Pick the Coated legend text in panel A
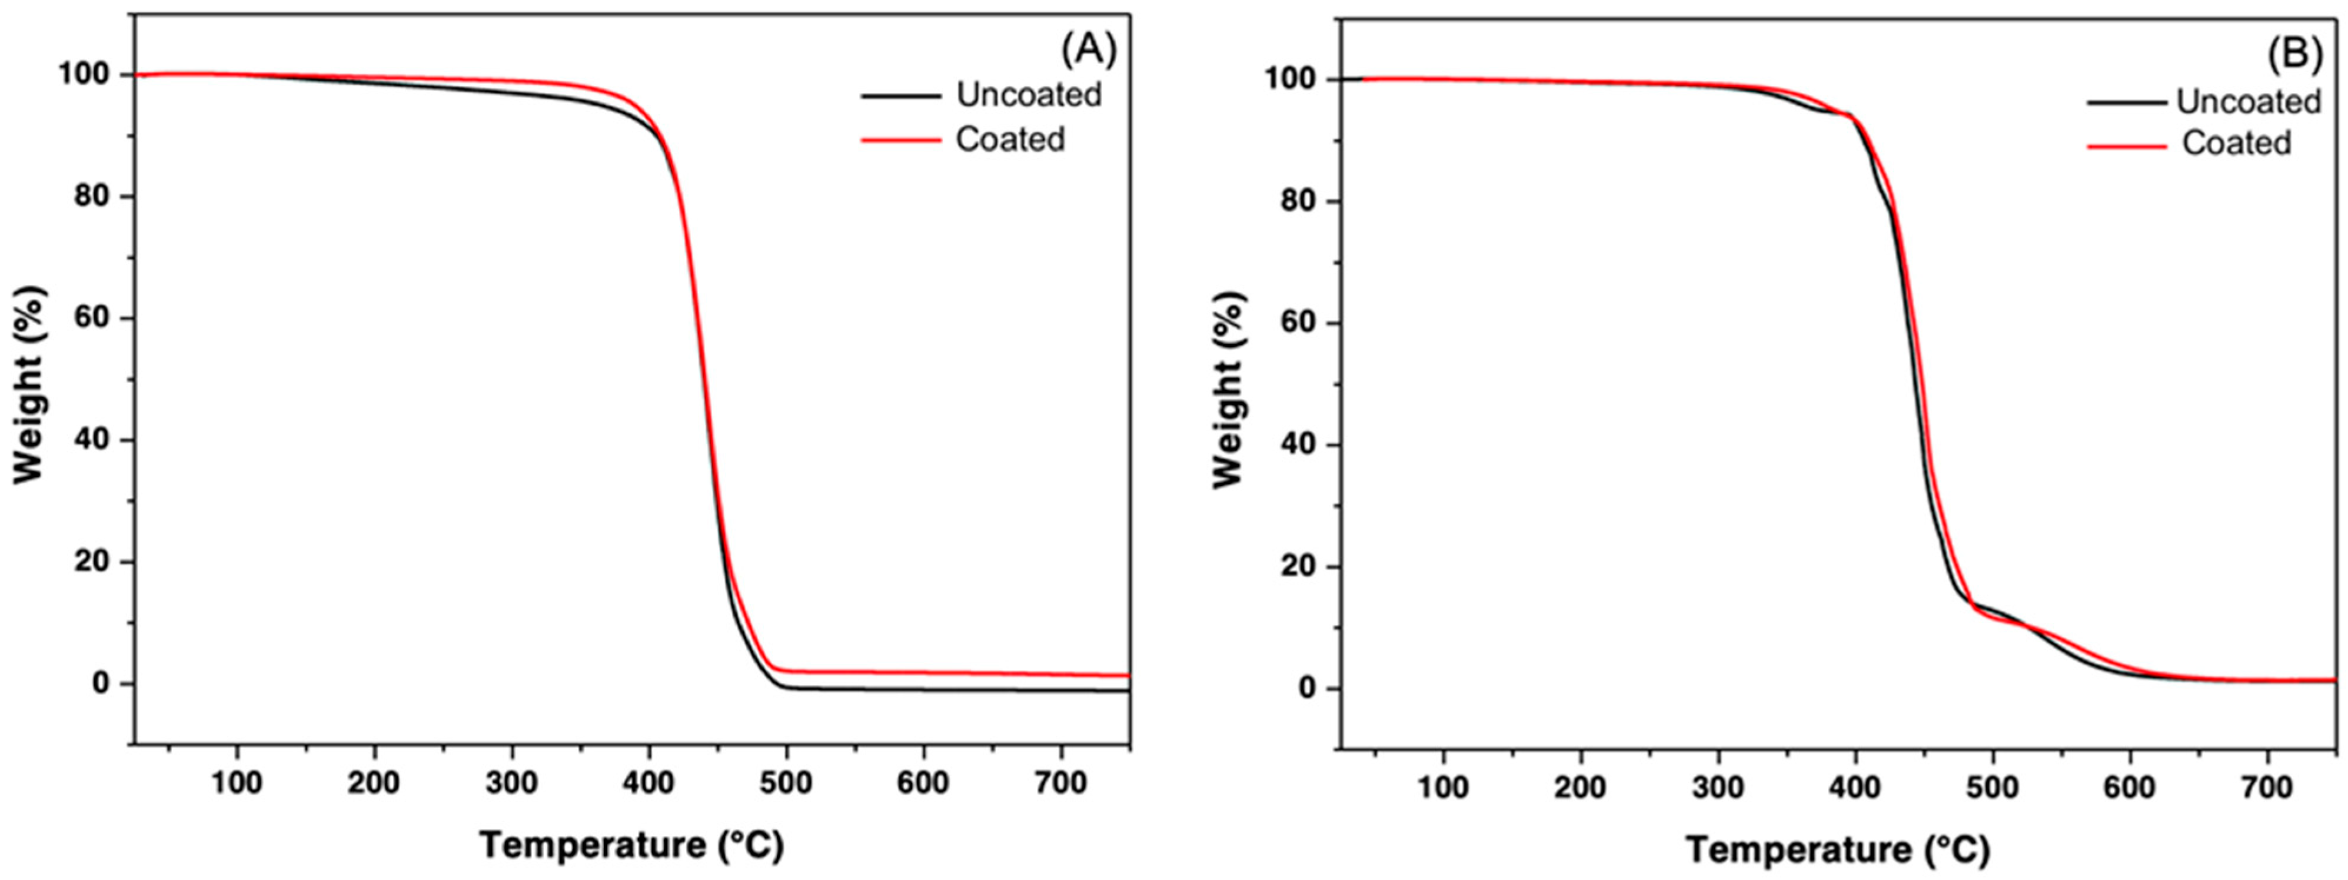click(1010, 140)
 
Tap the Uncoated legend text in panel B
click(2249, 102)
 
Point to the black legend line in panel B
click(2126, 103)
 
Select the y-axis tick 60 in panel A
click(91, 318)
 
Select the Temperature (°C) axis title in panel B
click(1838, 850)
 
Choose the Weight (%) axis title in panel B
click(1229, 390)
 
